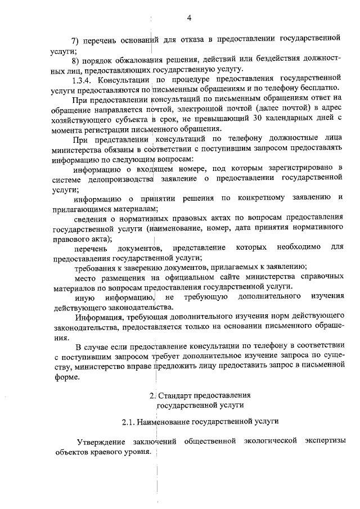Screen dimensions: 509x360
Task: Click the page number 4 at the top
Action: coord(190,18)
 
